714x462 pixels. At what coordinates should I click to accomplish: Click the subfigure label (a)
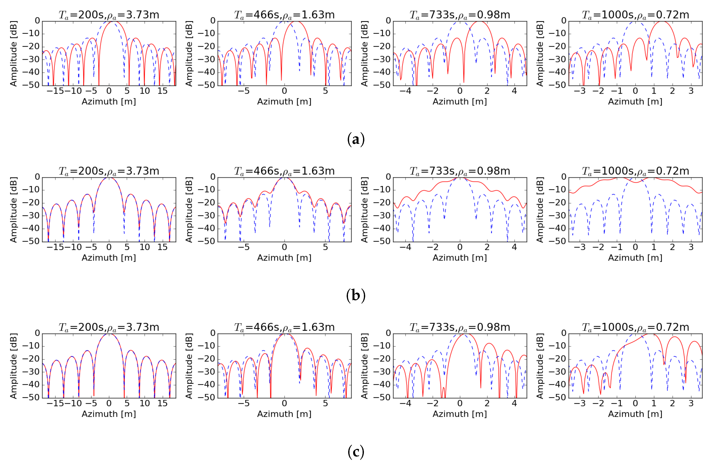(356, 139)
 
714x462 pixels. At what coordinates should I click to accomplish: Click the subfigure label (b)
(356, 295)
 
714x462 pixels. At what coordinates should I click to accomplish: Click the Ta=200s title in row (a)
(109, 15)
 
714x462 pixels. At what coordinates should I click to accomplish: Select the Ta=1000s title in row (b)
(636, 171)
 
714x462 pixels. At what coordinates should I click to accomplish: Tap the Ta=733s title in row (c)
(460, 327)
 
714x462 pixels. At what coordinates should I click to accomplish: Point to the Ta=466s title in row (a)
(284, 15)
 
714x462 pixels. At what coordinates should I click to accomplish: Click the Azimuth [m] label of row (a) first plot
(109, 102)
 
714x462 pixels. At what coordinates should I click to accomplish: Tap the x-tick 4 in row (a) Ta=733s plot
(514, 91)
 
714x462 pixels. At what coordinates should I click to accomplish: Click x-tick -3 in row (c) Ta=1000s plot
(580, 403)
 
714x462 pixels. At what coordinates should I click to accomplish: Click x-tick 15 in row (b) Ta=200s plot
(162, 247)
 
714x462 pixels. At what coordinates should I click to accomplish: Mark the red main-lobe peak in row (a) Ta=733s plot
(480, 21)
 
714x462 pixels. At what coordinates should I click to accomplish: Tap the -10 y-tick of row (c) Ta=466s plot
(206, 346)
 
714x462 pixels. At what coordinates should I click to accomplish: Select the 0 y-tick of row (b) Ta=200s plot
(37, 177)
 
